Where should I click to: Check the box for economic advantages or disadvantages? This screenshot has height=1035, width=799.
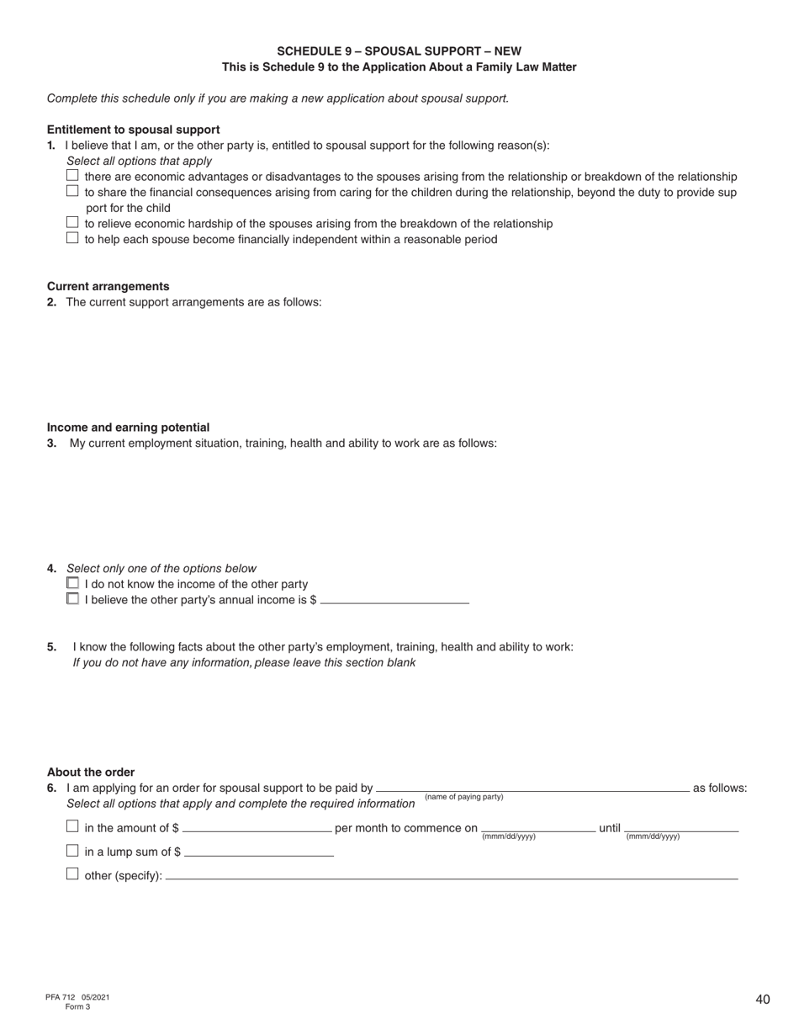click(x=72, y=176)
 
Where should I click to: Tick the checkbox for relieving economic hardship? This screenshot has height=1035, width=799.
click(x=72, y=223)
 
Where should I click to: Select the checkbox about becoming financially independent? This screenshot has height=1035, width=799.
click(x=72, y=238)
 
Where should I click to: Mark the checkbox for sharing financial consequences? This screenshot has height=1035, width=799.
click(x=72, y=191)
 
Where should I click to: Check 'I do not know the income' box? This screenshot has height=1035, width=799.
click(x=72, y=583)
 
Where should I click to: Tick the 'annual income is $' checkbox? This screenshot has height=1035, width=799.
click(x=72, y=599)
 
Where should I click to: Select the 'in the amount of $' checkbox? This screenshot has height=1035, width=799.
click(x=72, y=827)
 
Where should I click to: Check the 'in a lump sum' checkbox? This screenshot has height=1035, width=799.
click(x=72, y=851)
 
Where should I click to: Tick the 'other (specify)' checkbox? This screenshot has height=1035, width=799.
click(x=72, y=874)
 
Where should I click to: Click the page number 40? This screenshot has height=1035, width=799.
click(x=762, y=1000)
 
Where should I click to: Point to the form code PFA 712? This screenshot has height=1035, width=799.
click(x=61, y=997)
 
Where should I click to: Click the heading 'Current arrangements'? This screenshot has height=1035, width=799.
click(x=108, y=286)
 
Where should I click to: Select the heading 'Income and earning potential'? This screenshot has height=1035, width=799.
click(x=128, y=427)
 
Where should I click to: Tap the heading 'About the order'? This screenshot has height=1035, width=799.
click(x=91, y=772)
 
